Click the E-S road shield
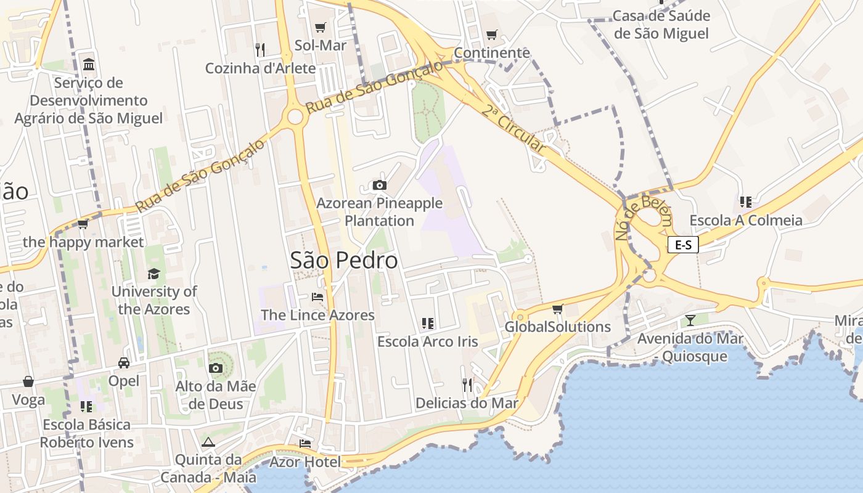pyautogui.click(x=683, y=245)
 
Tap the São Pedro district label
pyautogui.click(x=344, y=261)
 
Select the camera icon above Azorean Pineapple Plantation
pyautogui.click(x=380, y=185)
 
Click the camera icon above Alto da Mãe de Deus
pyautogui.click(x=215, y=368)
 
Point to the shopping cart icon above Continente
pyautogui.click(x=491, y=35)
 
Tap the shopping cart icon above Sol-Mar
pyautogui.click(x=320, y=27)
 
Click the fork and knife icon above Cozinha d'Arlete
pyautogui.click(x=260, y=49)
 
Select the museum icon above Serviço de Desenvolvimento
pyautogui.click(x=89, y=64)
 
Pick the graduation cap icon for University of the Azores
pyautogui.click(x=153, y=273)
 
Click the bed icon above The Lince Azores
pyautogui.click(x=317, y=296)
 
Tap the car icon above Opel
pyautogui.click(x=124, y=362)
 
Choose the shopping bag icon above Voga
pyautogui.click(x=28, y=381)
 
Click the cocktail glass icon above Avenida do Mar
pyautogui.click(x=690, y=320)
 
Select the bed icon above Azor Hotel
pyautogui.click(x=305, y=443)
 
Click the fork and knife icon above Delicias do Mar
pyautogui.click(x=467, y=385)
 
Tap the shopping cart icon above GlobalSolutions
pyautogui.click(x=558, y=308)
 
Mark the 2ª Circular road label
pyautogui.click(x=513, y=129)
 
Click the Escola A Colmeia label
pyautogui.click(x=746, y=220)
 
